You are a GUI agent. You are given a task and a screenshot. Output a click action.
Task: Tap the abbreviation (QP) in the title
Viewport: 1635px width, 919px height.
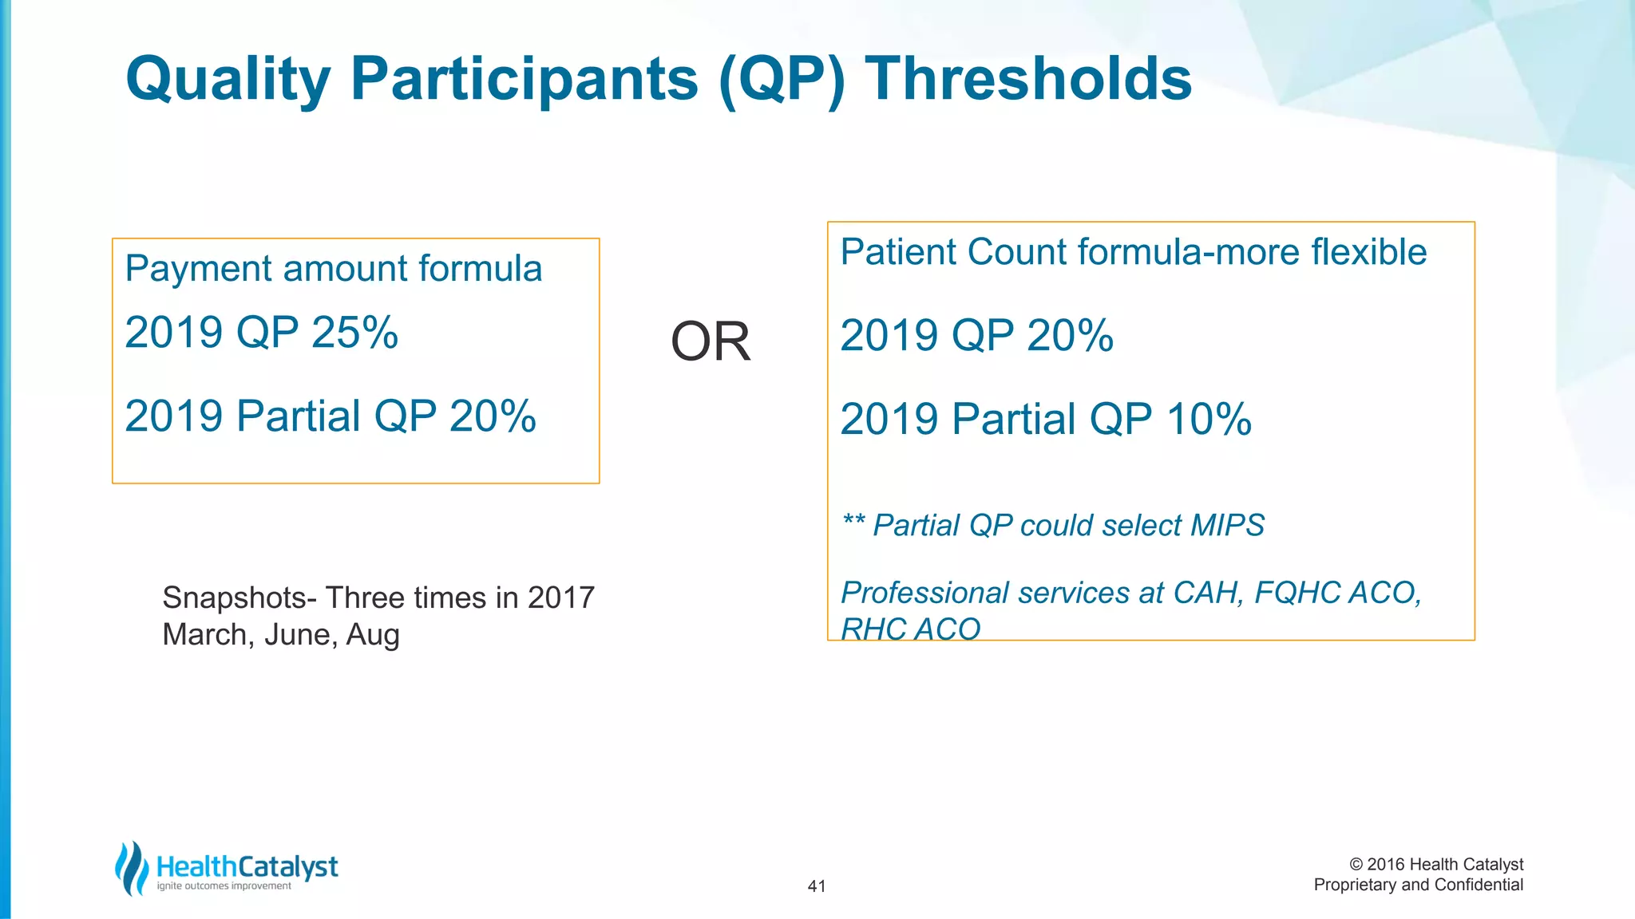[781, 80]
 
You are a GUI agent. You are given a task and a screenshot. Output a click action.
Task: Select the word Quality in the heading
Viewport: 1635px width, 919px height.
[228, 80]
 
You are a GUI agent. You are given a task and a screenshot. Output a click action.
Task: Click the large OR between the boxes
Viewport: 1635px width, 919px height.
[711, 342]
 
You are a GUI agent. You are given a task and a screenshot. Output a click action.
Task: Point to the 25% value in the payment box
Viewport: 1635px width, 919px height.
[354, 333]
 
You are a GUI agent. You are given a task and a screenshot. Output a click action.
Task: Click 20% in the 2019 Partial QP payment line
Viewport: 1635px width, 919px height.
[493, 416]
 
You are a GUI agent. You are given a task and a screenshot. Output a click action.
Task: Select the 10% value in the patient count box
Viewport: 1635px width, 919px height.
[1209, 420]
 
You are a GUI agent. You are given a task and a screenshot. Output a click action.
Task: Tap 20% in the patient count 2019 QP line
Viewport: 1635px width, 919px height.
[1070, 336]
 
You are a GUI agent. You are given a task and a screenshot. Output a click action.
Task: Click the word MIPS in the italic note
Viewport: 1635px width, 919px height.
[1227, 526]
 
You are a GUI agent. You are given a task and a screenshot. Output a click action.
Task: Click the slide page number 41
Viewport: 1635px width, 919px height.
[817, 886]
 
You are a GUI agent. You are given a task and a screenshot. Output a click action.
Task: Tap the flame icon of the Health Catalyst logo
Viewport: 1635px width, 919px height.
[132, 868]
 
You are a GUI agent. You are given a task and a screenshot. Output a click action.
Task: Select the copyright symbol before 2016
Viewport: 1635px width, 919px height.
[1356, 865]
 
